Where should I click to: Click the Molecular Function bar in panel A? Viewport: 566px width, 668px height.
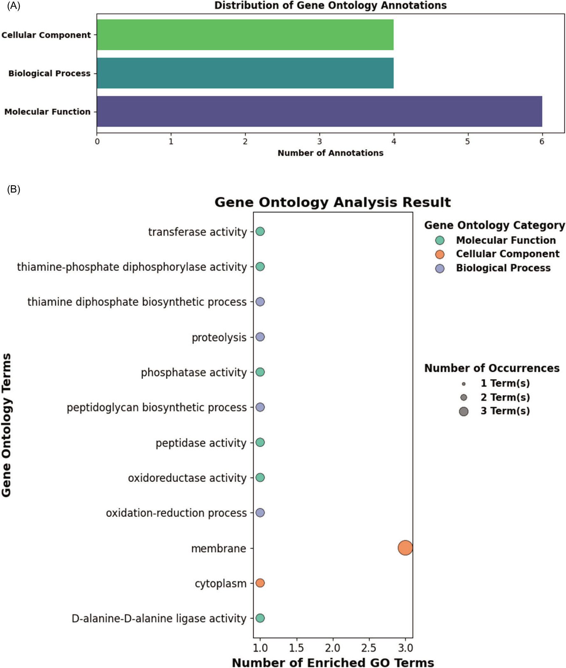click(x=319, y=111)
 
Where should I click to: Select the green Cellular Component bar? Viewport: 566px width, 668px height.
click(x=245, y=35)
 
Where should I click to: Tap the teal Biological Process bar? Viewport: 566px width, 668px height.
click(x=245, y=73)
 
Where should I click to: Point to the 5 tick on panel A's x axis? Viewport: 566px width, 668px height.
click(x=467, y=142)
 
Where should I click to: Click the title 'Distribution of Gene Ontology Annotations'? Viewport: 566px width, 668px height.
click(x=330, y=5)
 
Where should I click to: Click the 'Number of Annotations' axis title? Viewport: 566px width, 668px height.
click(x=330, y=153)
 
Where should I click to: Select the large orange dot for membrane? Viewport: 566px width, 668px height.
click(x=405, y=548)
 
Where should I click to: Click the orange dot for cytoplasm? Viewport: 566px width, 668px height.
click(x=260, y=583)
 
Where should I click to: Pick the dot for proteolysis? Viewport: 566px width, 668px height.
click(x=260, y=337)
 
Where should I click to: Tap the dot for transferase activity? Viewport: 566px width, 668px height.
click(x=260, y=231)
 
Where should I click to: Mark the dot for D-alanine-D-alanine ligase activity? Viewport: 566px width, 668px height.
click(x=260, y=618)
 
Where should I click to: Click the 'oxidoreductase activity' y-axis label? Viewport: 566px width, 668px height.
click(x=187, y=478)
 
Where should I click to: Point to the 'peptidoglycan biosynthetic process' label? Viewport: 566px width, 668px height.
click(x=157, y=408)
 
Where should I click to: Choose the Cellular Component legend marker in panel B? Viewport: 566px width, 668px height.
click(x=440, y=254)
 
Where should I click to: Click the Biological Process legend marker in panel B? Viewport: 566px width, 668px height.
click(x=440, y=268)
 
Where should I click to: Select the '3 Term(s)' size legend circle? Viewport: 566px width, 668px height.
click(x=463, y=411)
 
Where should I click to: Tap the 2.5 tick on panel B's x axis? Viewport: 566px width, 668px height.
click(x=369, y=648)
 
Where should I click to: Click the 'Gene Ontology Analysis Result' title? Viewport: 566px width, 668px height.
click(x=332, y=202)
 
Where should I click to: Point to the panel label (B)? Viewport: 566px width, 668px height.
click(x=13, y=189)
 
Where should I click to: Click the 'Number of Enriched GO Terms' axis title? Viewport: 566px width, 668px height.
click(x=333, y=663)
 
